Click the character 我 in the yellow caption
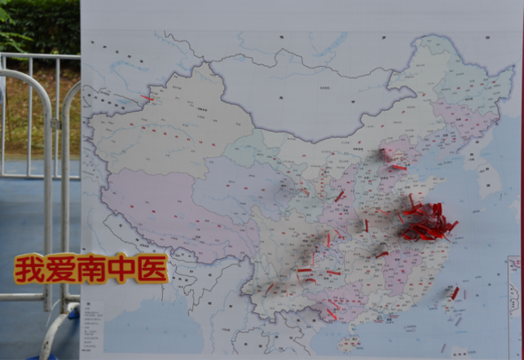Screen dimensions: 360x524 click(x=29, y=269)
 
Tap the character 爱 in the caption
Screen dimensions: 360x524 click(x=60, y=269)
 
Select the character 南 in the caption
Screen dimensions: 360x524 click(x=91, y=269)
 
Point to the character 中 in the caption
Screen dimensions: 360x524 click(x=121, y=269)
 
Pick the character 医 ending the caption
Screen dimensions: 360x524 click(x=152, y=269)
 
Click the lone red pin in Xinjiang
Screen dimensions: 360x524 click(x=146, y=98)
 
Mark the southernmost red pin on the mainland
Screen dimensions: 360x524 click(x=332, y=314)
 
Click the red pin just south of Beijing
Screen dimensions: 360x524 click(x=398, y=168)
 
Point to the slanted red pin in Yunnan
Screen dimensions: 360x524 click(x=270, y=288)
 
